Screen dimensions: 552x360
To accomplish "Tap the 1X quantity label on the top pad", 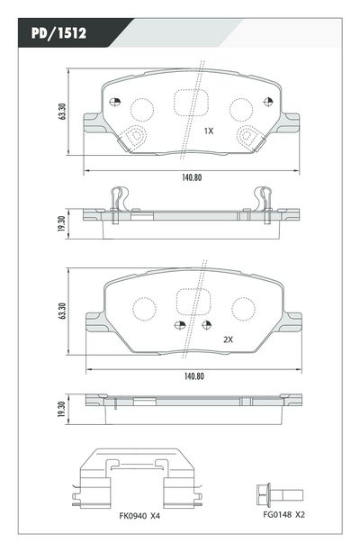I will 208,131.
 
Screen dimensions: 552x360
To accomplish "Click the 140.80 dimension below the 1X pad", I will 191,177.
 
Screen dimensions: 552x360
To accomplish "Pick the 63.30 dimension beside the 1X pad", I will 61,112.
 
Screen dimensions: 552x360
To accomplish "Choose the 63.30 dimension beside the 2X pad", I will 61,312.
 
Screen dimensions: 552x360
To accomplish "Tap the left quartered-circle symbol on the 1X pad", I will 114,103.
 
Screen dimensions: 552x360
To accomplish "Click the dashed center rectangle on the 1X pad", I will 189,103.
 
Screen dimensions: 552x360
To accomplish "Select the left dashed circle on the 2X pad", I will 143,308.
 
